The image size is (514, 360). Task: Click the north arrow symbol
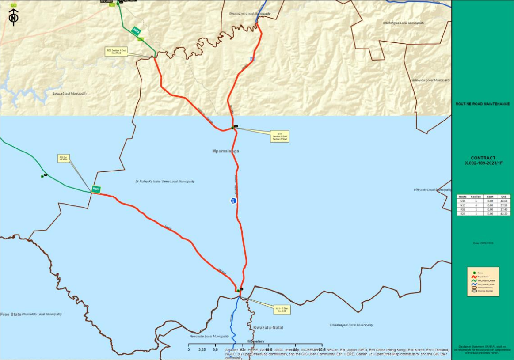pyautogui.click(x=14, y=17)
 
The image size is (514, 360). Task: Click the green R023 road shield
pyautogui.click(x=96, y=189)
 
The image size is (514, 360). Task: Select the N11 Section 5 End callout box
pyautogui.click(x=279, y=136)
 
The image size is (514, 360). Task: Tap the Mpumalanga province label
pyautogui.click(x=225, y=151)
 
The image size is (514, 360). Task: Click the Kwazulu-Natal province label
pyautogui.click(x=268, y=327)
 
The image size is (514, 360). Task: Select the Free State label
pyautogui.click(x=11, y=314)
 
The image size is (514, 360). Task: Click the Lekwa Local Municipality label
pyautogui.click(x=70, y=94)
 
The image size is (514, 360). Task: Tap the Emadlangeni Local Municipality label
pyautogui.click(x=351, y=325)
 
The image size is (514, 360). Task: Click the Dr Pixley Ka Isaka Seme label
pyautogui.click(x=165, y=182)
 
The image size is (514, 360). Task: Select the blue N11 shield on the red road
pyautogui.click(x=233, y=201)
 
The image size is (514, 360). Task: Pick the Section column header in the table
pyautogui.click(x=476, y=197)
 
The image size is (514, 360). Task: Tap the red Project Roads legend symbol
pyautogui.click(x=474, y=277)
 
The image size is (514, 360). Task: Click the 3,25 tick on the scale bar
pyautogui.click(x=202, y=349)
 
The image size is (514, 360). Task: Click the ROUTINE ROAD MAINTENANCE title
pyautogui.click(x=483, y=104)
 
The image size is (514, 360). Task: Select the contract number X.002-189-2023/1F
pyautogui.click(x=483, y=163)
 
